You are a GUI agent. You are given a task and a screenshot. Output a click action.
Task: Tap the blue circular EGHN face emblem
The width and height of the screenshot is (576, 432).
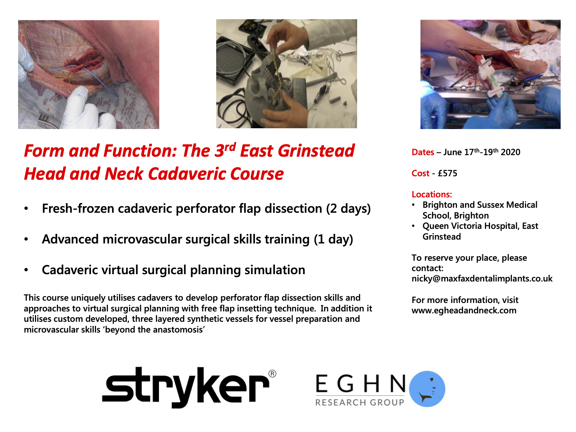pos(427,389)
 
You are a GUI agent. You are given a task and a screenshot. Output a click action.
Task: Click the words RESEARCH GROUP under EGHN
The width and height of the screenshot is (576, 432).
pos(359,402)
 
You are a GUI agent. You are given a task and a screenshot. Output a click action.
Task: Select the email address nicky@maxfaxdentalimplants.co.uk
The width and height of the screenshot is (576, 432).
pos(482,278)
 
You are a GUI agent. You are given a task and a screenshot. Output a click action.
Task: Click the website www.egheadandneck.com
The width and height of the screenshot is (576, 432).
pos(464,311)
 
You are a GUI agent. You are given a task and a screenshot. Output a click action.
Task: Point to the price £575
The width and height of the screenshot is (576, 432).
pos(447,174)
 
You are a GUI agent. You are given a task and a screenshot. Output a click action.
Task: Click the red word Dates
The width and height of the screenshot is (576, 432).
pos(423,152)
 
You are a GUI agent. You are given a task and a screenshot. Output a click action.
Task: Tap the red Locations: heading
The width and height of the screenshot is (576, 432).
pos(432,194)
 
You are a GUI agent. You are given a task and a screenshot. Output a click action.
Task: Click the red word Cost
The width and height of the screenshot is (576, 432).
pos(420,174)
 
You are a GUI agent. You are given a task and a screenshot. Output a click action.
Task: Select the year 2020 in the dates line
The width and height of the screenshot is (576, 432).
pos(510,152)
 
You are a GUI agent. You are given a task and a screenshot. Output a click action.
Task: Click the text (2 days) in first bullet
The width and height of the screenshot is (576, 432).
pos(348,209)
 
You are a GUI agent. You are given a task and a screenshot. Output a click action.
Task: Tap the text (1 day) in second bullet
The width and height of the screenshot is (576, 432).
pos(333,239)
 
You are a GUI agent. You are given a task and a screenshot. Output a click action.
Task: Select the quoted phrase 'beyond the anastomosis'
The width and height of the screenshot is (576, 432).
pos(155,330)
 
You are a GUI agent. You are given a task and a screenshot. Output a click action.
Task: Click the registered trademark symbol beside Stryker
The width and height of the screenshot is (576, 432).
pos(272,374)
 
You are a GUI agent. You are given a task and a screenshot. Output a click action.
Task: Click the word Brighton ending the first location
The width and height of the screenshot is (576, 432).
pos(471,215)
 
